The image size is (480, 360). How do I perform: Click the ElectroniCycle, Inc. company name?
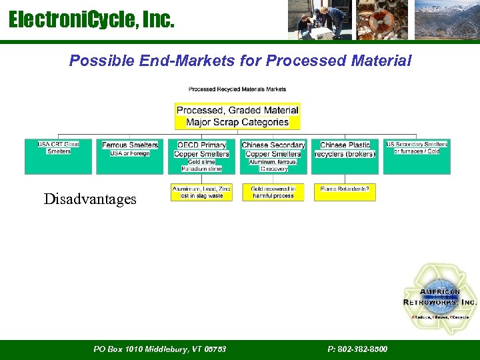click(91, 20)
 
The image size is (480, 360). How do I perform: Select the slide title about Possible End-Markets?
click(240, 61)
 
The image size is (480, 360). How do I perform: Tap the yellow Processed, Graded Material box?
click(237, 116)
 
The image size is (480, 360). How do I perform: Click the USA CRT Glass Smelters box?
click(59, 157)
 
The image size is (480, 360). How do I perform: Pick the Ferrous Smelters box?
click(130, 157)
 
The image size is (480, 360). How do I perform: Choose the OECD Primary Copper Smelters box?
click(201, 157)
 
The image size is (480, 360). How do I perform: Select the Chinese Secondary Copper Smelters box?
click(273, 157)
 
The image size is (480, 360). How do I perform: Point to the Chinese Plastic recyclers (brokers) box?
click(345, 157)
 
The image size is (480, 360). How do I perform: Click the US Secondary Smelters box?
click(417, 157)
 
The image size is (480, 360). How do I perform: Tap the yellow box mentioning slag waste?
click(201, 193)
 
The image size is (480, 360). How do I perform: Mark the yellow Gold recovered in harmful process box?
click(273, 193)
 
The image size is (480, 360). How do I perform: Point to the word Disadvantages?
click(90, 199)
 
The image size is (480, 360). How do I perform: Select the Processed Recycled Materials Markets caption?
click(237, 89)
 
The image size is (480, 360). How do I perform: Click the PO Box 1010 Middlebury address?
click(159, 349)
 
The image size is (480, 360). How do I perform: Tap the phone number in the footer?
click(357, 349)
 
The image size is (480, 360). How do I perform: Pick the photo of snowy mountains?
click(446, 20)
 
